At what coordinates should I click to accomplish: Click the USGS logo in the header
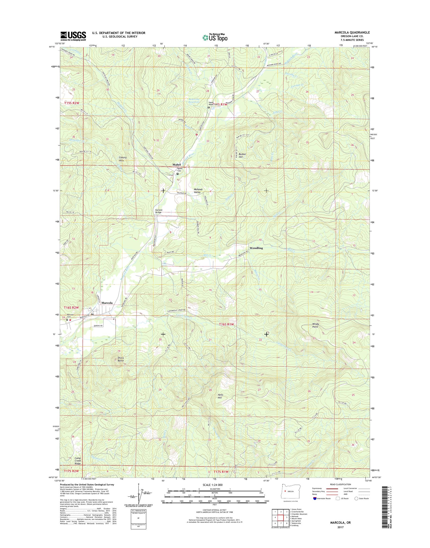73,36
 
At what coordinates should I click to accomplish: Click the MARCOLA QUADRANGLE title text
355,33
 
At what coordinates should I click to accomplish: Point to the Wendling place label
256,248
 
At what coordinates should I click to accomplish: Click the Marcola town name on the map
107,303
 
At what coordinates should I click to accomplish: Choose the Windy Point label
315,325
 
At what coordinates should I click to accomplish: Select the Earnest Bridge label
159,211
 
